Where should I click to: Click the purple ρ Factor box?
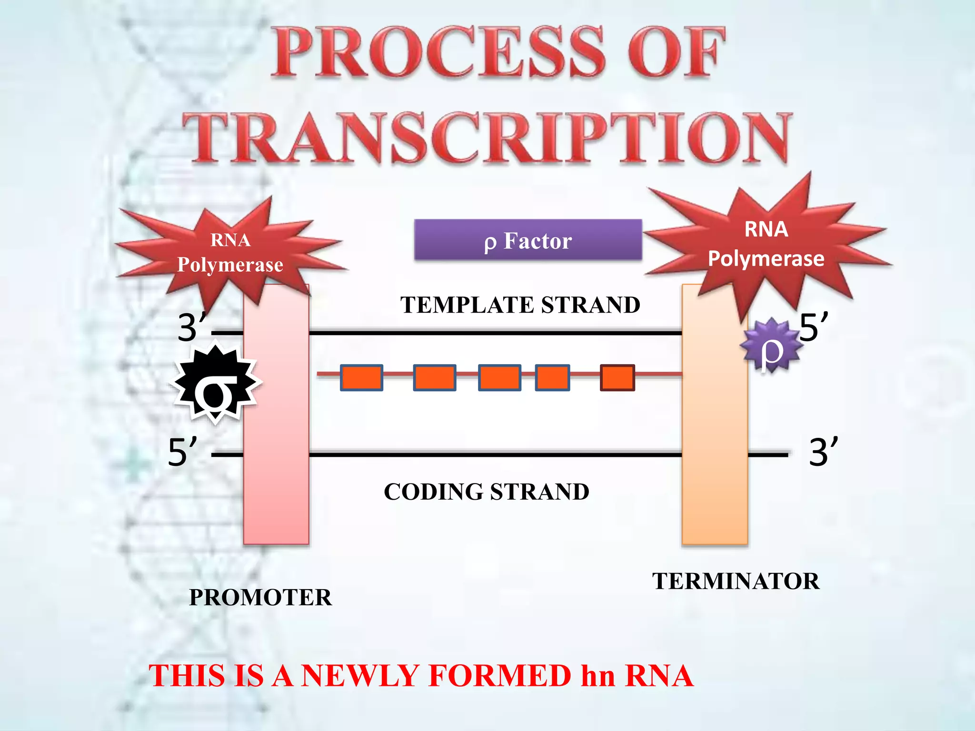pos(527,240)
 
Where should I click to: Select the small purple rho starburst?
pos(771,346)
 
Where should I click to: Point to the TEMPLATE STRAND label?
pos(520,305)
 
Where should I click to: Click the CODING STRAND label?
pos(486,492)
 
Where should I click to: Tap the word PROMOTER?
pos(260,597)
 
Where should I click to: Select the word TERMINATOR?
pos(736,581)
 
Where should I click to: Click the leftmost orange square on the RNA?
pos(361,378)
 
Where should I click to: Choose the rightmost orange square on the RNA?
pos(617,378)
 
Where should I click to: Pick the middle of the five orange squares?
pos(499,378)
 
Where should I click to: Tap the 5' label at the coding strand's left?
pos(182,452)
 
